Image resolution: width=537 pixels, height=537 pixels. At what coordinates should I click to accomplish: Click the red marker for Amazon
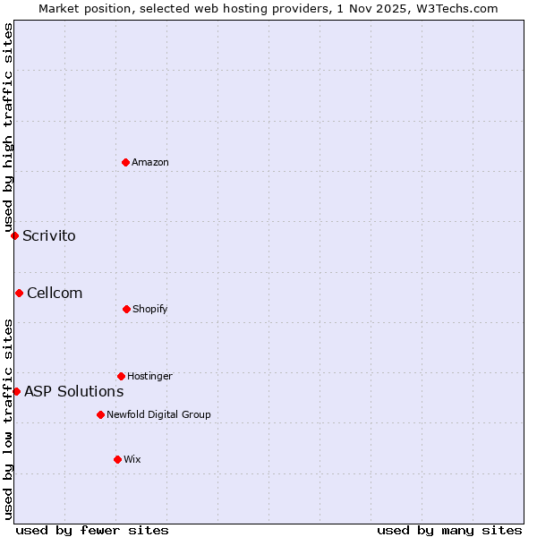pos(125,162)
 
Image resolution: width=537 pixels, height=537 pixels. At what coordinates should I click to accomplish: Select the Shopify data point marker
pos(126,309)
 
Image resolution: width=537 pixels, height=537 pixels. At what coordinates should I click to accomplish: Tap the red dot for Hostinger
pos(121,376)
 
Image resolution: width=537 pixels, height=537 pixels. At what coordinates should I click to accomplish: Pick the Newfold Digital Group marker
pos(100,414)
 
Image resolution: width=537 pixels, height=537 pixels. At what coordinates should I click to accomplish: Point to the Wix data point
pos(117,459)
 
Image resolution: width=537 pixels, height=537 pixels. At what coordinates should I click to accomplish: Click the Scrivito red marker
pos(14,235)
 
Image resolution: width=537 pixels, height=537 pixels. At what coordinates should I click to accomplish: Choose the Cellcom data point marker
pos(19,293)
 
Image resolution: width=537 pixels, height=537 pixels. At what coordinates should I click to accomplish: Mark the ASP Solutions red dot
pos(16,391)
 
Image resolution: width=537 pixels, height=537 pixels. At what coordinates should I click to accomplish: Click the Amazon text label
pos(150,162)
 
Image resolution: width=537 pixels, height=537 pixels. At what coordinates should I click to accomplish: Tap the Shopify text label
pos(150,309)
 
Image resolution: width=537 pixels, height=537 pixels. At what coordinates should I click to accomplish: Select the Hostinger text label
pos(149,376)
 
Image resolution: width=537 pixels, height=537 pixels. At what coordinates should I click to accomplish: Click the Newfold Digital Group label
pos(158,414)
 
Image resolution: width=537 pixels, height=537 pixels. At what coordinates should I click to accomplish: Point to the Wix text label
pos(132,459)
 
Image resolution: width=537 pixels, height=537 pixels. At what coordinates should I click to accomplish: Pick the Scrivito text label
pos(49,236)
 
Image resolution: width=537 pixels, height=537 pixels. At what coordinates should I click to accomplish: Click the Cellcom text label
pos(55,294)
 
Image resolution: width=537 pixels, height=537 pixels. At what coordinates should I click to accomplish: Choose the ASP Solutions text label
pos(73,391)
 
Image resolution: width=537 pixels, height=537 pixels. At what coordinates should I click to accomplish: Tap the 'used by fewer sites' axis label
pos(92,530)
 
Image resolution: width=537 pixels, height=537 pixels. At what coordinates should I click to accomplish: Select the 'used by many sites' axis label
pos(449,530)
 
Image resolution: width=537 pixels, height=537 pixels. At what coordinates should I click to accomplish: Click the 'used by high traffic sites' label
pos(8,127)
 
